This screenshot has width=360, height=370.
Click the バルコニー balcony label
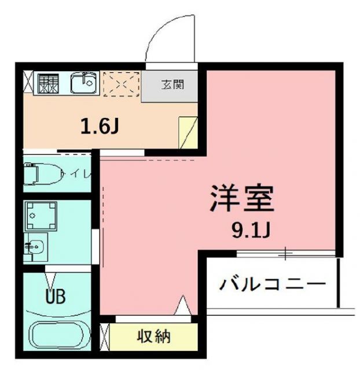pyautogui.click(x=271, y=284)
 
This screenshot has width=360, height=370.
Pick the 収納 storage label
pyautogui.click(x=154, y=335)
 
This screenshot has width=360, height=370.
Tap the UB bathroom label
pyautogui.click(x=56, y=296)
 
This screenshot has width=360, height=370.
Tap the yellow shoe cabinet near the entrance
pyautogui.click(x=188, y=131)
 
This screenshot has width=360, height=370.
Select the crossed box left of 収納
pyautogui.click(x=105, y=335)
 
